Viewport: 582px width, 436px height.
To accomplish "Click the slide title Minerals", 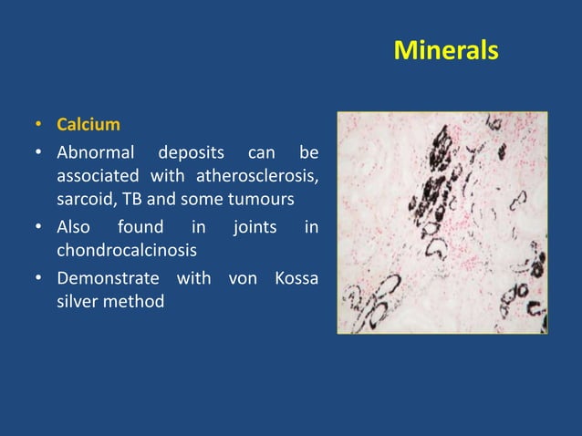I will pos(445,50).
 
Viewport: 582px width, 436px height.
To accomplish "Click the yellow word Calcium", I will pos(88,124).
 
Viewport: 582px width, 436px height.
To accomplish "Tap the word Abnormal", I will pos(96,151).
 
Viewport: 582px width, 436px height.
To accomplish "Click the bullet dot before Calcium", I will pos(38,125).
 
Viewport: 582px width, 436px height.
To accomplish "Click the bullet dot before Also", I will pos(38,227).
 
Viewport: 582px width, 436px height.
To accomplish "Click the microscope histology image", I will pos(442,223).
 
